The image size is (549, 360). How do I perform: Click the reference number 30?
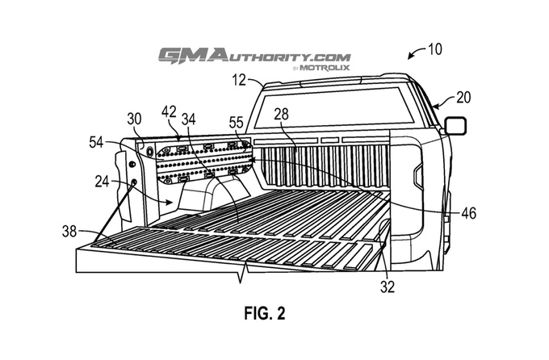(x=134, y=118)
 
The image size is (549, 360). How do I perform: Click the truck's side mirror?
(x=455, y=125)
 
